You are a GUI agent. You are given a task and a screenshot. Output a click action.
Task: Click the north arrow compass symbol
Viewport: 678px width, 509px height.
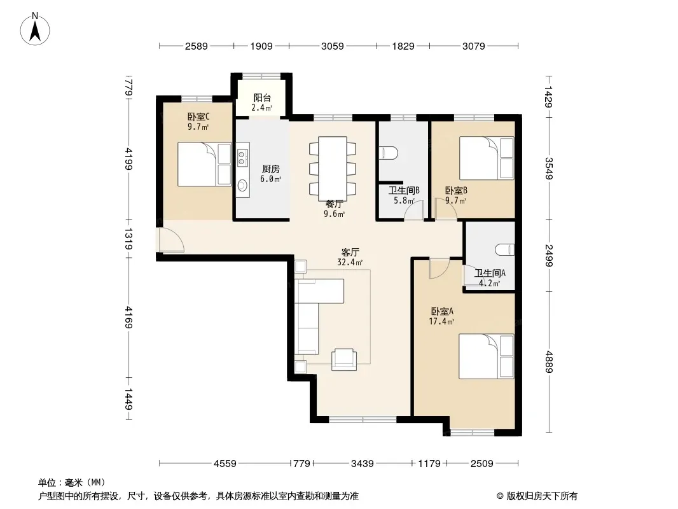coord(35,29)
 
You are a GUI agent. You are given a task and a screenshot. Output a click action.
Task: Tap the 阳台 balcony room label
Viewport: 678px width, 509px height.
coord(262,98)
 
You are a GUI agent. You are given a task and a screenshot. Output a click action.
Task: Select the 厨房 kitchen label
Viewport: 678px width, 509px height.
coord(271,169)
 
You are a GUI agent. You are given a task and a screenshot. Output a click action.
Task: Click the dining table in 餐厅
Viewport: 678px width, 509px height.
coord(333,168)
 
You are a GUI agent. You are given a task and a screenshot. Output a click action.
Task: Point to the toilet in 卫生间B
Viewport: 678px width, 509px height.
coord(389,152)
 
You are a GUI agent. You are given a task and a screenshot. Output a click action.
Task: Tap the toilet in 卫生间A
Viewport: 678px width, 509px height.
coord(505,249)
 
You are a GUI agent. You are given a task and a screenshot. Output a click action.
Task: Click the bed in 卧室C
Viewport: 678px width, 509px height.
coord(205,164)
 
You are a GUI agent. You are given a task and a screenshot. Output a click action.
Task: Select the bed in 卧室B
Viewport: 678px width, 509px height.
coord(487,158)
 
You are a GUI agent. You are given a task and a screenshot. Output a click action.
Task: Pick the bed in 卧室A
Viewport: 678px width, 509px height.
coord(487,356)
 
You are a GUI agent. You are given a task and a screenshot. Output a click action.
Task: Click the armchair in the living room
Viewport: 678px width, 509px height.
coord(344,359)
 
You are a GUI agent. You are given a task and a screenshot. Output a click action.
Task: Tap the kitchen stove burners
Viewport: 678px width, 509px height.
coord(242,158)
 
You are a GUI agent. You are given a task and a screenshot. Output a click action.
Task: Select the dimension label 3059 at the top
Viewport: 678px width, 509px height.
coord(333,46)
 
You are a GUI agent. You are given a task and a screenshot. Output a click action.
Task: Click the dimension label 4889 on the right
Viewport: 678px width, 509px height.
coord(548,361)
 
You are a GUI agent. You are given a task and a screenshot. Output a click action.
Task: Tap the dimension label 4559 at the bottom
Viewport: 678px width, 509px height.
coord(225,464)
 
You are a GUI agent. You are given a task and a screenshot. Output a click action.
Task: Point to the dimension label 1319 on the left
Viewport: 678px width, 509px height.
coord(128,239)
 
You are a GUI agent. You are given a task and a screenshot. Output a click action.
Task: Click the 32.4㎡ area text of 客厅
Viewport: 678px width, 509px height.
coord(350,262)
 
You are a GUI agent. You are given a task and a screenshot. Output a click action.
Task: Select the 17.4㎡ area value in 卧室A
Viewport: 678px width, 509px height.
coord(441,321)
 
